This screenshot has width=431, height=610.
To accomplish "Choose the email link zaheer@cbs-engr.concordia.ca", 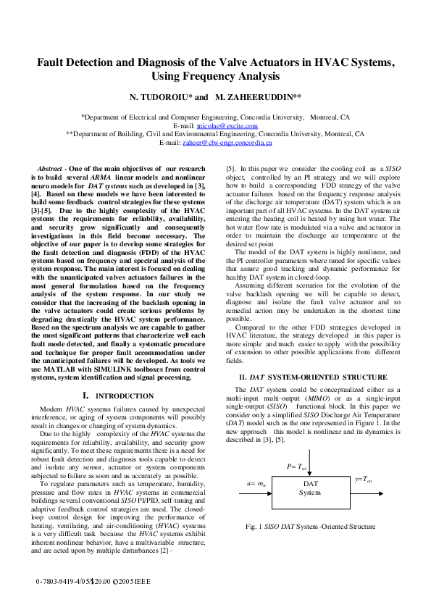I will tap(222, 143).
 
